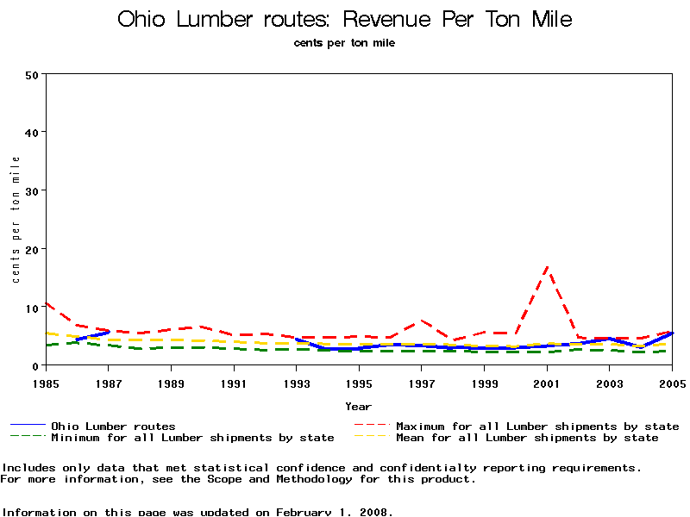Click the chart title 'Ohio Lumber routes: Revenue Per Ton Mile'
coord(344,20)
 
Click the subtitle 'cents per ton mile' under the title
coord(344,43)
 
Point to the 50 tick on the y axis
coord(33,74)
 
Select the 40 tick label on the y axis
coord(33,133)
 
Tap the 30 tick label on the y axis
coord(33,190)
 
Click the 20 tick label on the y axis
coord(33,249)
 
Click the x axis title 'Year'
coord(358,406)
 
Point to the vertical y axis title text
coord(16,220)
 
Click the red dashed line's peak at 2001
coord(547,268)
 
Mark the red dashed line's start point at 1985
coord(45,302)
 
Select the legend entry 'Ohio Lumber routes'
coord(113,426)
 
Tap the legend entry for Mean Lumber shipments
coord(527,438)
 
